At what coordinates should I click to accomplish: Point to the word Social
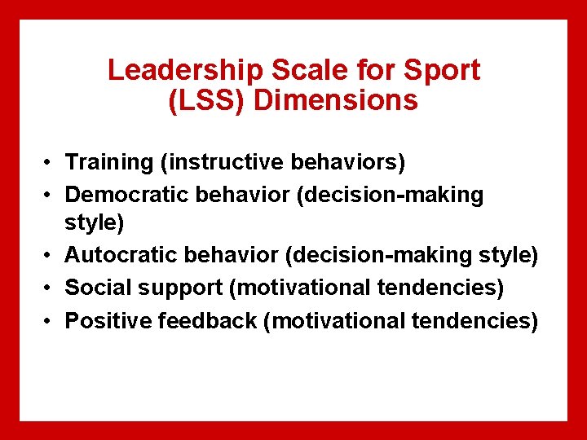click(x=91, y=288)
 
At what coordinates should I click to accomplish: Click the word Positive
click(x=102, y=320)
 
